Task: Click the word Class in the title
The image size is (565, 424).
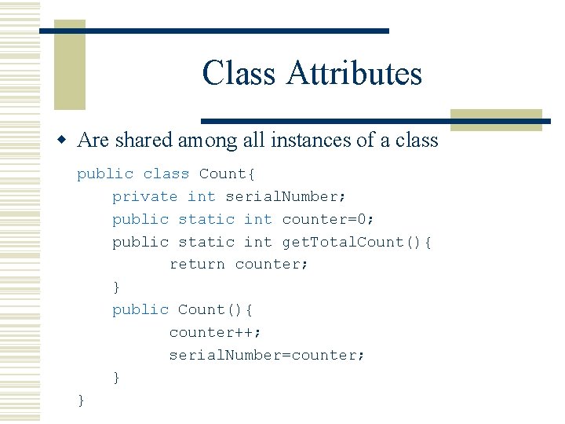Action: tap(239, 74)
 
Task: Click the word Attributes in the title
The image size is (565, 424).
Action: tap(354, 74)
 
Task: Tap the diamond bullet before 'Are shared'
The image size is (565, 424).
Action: tap(65, 141)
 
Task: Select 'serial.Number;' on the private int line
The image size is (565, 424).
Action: tap(286, 196)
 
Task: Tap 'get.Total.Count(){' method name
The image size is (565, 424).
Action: tap(357, 242)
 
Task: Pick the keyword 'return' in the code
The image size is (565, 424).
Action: tap(197, 265)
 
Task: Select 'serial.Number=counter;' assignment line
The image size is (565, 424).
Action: tap(267, 355)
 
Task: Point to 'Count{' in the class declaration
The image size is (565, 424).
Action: tap(224, 174)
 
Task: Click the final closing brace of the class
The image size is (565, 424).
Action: tap(82, 400)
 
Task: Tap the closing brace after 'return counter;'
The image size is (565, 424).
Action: tap(117, 287)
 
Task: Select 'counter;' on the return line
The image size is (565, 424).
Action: tap(272, 265)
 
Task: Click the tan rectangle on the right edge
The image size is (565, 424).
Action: tap(496, 119)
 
